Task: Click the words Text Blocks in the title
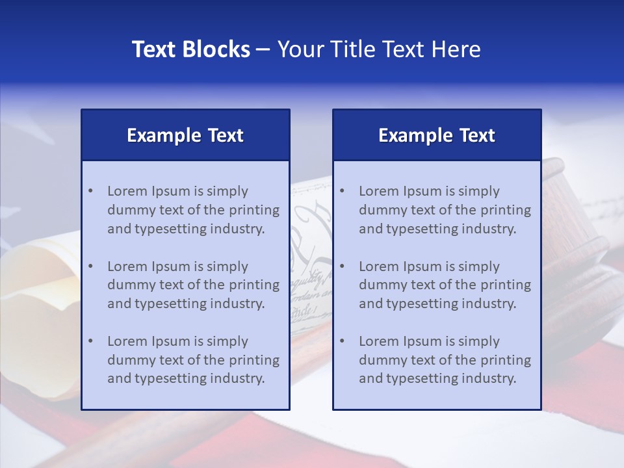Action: coord(190,49)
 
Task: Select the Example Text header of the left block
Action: coord(185,135)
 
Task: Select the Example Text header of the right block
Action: coord(437,135)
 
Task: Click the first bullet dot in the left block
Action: coord(91,191)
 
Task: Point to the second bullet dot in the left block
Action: coord(91,266)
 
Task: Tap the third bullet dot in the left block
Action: coord(91,341)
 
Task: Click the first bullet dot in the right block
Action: coord(343,191)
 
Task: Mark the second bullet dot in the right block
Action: coord(343,266)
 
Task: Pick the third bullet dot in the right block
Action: coord(343,341)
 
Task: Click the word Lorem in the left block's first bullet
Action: coord(127,191)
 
